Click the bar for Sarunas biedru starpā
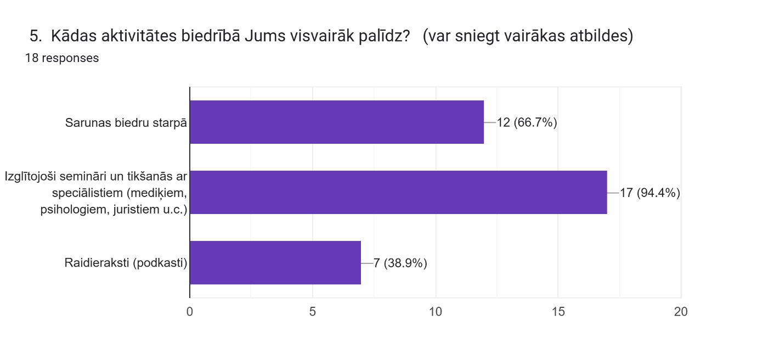pos(336,122)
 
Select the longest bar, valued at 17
pos(398,193)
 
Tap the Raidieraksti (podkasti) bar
pos(275,263)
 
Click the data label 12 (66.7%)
pos(527,122)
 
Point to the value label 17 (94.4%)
pos(649,193)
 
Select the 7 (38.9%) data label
pos(400,263)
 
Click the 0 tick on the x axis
pos(190,312)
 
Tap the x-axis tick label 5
pos(313,312)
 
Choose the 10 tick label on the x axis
pos(436,312)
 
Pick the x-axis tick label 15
pos(558,312)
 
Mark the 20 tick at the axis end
pos(681,312)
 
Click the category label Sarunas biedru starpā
pos(126,123)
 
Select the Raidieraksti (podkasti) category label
pos(126,263)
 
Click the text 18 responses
pos(62,58)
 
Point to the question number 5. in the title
pos(36,37)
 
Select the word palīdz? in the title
pos(389,37)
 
